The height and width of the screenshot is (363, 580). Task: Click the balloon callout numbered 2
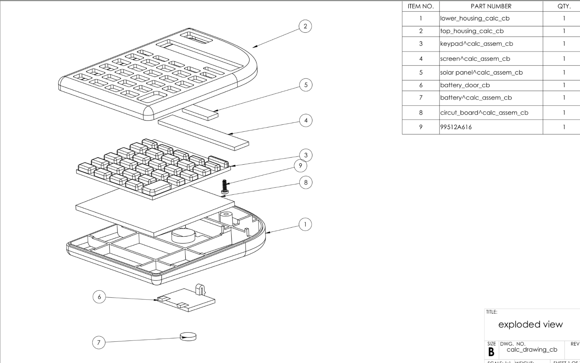tap(305, 26)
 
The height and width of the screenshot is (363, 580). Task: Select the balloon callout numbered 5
tap(306, 85)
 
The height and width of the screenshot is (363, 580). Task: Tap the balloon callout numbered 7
tap(99, 342)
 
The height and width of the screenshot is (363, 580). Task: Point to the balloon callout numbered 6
tap(99, 297)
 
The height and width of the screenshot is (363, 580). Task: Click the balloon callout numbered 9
tap(300, 166)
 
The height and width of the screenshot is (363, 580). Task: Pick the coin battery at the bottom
tap(188, 336)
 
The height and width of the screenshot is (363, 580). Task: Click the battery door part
tap(186, 299)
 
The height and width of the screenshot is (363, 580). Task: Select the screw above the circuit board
tap(224, 187)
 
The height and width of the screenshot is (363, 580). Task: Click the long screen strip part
tap(204, 132)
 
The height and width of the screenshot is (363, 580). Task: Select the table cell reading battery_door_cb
tap(465, 85)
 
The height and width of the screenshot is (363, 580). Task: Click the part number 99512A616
tap(456, 127)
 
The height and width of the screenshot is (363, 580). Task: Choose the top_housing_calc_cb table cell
tap(472, 31)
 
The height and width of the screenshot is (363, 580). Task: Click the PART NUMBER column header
tap(491, 6)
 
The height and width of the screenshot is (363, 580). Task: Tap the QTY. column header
tap(564, 6)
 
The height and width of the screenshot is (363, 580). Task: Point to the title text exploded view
tap(530, 325)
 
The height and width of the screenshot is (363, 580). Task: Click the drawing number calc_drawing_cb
tap(532, 350)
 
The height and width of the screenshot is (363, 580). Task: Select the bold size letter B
tap(491, 352)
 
